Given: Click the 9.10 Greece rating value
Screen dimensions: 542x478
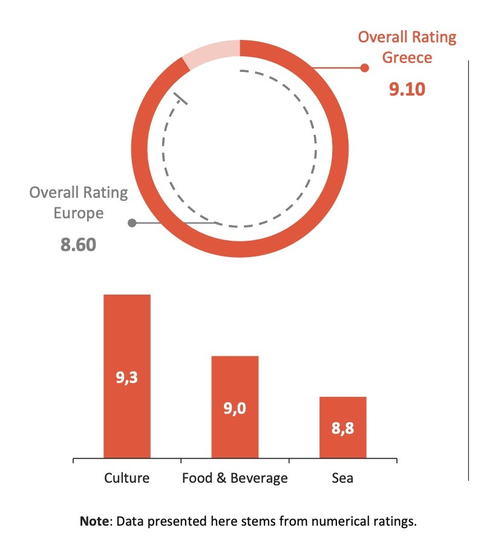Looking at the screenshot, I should [407, 89].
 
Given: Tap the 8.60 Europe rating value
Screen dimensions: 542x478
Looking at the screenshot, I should [79, 245].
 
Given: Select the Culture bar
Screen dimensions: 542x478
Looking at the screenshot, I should [127, 339].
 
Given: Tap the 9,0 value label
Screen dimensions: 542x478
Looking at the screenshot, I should [235, 408].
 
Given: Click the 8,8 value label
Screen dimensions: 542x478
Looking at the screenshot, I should [342, 429].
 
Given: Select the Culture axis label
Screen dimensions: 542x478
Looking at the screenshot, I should [126, 478].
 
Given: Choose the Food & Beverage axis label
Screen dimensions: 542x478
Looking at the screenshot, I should [235, 478].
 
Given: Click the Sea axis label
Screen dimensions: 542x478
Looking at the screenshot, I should [342, 478].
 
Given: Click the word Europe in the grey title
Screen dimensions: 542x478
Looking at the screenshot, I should [79, 214].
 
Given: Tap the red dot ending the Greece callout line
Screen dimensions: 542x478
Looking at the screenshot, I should [364, 68].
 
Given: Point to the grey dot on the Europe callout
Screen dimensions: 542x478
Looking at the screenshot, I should [132, 223].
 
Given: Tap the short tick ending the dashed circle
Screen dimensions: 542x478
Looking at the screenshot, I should [181, 99].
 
